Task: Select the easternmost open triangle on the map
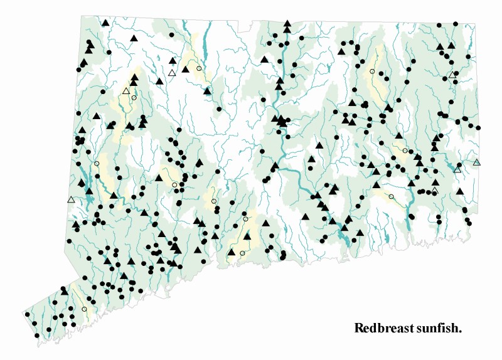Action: [477, 162]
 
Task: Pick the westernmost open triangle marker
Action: [71, 199]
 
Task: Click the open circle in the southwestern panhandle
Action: [84, 309]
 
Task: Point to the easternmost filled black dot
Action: [478, 127]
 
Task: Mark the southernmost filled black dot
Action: [36, 336]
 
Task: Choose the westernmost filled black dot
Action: [28, 314]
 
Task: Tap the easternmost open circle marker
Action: [405, 150]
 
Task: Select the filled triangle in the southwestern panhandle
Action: [64, 291]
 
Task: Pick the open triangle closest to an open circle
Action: [127, 91]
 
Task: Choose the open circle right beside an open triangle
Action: [134, 97]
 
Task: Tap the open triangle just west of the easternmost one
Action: [457, 169]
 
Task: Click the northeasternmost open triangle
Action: [452, 75]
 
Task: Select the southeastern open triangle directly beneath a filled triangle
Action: [434, 190]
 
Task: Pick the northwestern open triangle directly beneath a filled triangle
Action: [172, 73]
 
